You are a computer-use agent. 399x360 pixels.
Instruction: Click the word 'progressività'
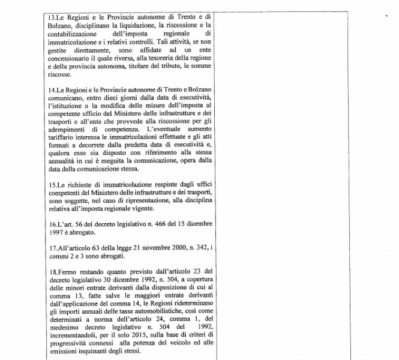[x=68, y=341]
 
